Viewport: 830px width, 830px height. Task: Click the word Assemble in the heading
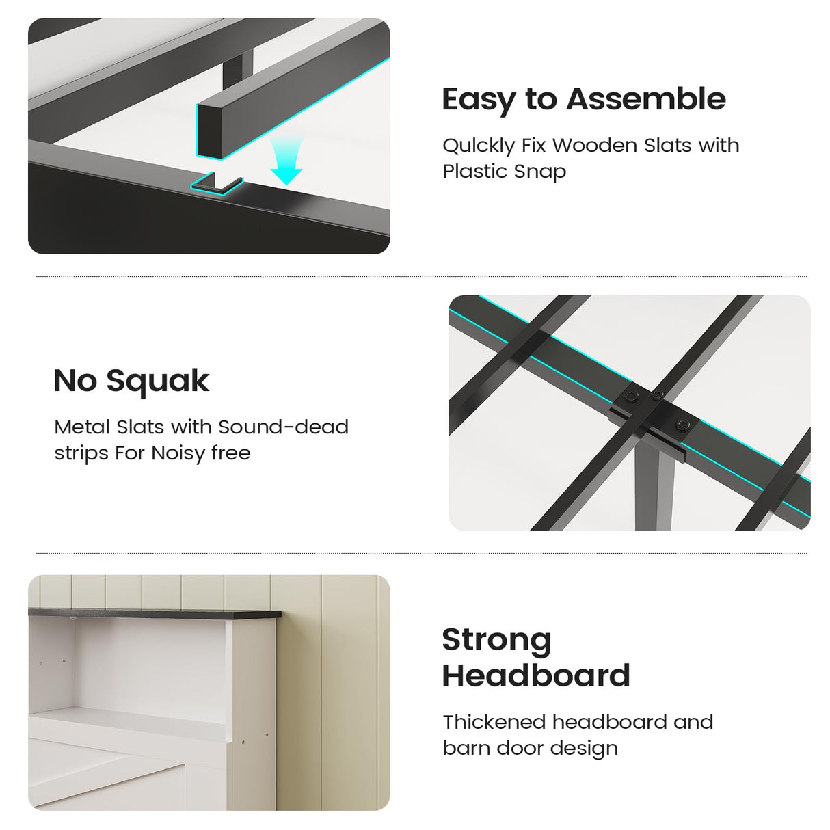click(x=645, y=99)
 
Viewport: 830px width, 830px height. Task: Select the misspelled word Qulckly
click(x=479, y=146)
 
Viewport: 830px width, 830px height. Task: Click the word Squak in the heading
click(x=158, y=382)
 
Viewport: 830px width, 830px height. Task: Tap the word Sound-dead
click(x=283, y=427)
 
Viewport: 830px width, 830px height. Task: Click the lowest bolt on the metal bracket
click(x=681, y=425)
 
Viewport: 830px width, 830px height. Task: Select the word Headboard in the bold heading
click(x=536, y=675)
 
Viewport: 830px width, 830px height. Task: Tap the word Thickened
click(x=494, y=722)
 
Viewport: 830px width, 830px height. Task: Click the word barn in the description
click(x=466, y=748)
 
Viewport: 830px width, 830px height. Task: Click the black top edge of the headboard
click(x=155, y=613)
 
